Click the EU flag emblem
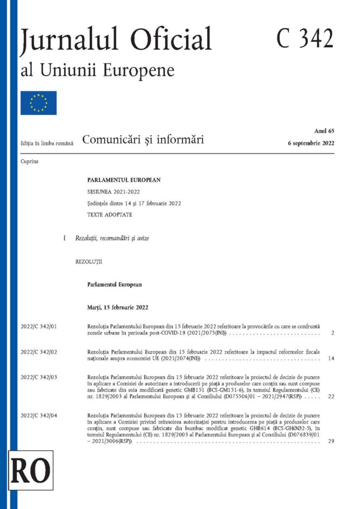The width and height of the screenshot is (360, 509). (38, 103)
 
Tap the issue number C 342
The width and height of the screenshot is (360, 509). (305, 39)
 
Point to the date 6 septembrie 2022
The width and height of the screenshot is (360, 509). (311, 143)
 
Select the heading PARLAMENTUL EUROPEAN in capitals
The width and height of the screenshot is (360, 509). (124, 180)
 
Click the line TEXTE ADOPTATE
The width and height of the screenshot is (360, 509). (109, 215)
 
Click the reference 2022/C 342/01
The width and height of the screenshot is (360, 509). (39, 326)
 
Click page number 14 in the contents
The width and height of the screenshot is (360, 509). (331, 358)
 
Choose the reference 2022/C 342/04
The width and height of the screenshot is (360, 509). (39, 415)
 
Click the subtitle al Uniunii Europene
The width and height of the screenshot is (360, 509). (97, 70)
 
